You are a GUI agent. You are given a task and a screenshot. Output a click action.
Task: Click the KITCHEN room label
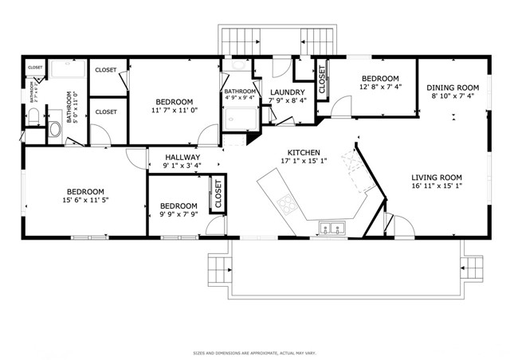(x=304, y=152)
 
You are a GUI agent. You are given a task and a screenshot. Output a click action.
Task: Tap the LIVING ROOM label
(x=436, y=178)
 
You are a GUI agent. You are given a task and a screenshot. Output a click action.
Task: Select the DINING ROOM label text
(x=452, y=88)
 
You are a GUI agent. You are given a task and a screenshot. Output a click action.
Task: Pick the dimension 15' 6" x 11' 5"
(x=85, y=201)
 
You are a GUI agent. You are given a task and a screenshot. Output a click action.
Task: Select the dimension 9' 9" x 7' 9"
(x=178, y=214)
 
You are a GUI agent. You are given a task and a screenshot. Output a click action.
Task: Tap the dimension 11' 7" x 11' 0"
(x=174, y=112)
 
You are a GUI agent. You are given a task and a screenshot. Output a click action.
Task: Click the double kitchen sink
(x=332, y=229)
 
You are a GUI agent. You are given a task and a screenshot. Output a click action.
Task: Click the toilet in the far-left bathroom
(x=33, y=117)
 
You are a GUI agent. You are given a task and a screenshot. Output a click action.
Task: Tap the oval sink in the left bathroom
(x=56, y=128)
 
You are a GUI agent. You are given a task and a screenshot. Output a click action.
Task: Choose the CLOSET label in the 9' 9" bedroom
(x=218, y=194)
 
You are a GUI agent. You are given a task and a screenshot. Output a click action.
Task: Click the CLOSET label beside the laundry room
(x=322, y=80)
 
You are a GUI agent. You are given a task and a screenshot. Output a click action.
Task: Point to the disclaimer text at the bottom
(x=254, y=351)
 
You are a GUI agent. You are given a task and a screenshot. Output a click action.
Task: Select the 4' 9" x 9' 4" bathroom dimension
(x=239, y=100)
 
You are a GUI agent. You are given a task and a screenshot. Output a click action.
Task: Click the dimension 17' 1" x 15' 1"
(x=304, y=161)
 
